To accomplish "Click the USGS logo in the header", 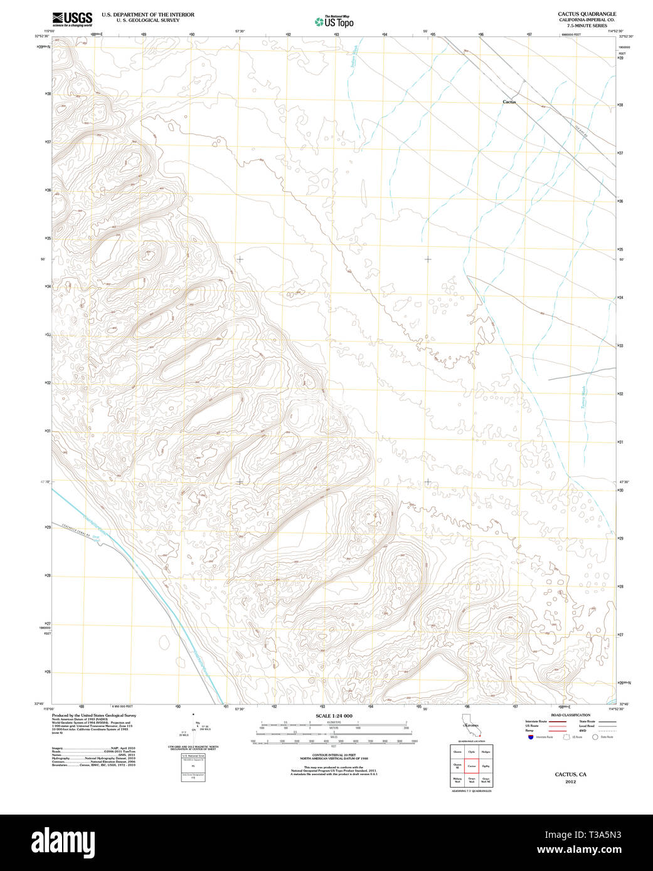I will pyautogui.click(x=72, y=19).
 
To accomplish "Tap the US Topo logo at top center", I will pyautogui.click(x=334, y=22).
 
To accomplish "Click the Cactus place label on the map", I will pyautogui.click(x=509, y=102).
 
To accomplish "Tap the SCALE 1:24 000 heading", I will pyautogui.click(x=334, y=716).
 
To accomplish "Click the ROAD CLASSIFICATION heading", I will pyautogui.click(x=570, y=715).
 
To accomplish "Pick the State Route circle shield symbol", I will pyautogui.click(x=595, y=737).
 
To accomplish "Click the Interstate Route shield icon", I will pyautogui.click(x=530, y=737).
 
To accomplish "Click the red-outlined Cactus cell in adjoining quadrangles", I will pyautogui.click(x=472, y=766).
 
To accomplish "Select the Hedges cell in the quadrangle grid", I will pyautogui.click(x=486, y=751).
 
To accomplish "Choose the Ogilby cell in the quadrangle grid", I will pyautogui.click(x=486, y=766).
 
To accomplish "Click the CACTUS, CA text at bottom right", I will pyautogui.click(x=570, y=775).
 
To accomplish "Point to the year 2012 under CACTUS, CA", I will pyautogui.click(x=570, y=781).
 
